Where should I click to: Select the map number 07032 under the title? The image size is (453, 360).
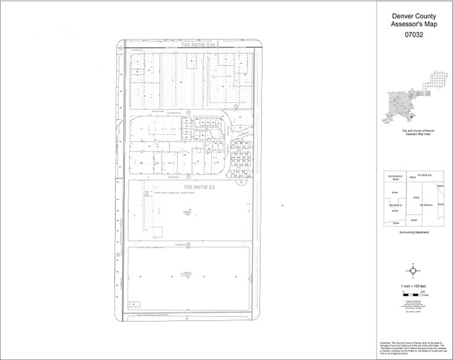[x=414, y=36]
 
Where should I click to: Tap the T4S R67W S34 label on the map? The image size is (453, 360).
[x=190, y=45]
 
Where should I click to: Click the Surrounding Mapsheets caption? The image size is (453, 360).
[x=414, y=233]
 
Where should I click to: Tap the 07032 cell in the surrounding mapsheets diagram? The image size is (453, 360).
[x=416, y=198]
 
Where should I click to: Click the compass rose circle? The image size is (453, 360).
[x=414, y=270]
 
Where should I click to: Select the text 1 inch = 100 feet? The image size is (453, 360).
[x=414, y=286]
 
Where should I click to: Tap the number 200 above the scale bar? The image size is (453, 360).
[x=422, y=291]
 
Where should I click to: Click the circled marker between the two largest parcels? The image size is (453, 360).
[x=189, y=244]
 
